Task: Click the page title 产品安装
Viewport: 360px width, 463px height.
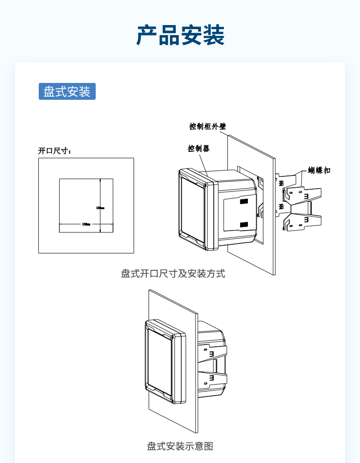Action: click(180, 35)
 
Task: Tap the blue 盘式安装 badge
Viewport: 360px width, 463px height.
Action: click(67, 92)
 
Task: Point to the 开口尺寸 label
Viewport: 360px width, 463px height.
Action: click(55, 151)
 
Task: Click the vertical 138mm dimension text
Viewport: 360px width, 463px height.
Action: click(100, 208)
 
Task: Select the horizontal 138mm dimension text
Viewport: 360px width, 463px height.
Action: click(86, 224)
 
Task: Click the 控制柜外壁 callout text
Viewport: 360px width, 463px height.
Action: click(208, 126)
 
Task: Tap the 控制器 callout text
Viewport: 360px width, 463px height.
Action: click(199, 149)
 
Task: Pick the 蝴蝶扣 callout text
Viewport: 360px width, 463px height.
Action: click(319, 170)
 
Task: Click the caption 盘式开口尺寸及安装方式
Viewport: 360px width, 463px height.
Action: click(173, 274)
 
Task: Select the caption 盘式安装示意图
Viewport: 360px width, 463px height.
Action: click(180, 446)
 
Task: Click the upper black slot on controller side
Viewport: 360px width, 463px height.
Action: click(244, 201)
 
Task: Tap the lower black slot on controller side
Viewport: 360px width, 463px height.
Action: click(244, 224)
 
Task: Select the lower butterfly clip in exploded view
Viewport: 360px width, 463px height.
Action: click(302, 221)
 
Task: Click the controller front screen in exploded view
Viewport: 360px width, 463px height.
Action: click(192, 207)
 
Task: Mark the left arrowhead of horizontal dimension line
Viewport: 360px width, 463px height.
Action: click(61, 224)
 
